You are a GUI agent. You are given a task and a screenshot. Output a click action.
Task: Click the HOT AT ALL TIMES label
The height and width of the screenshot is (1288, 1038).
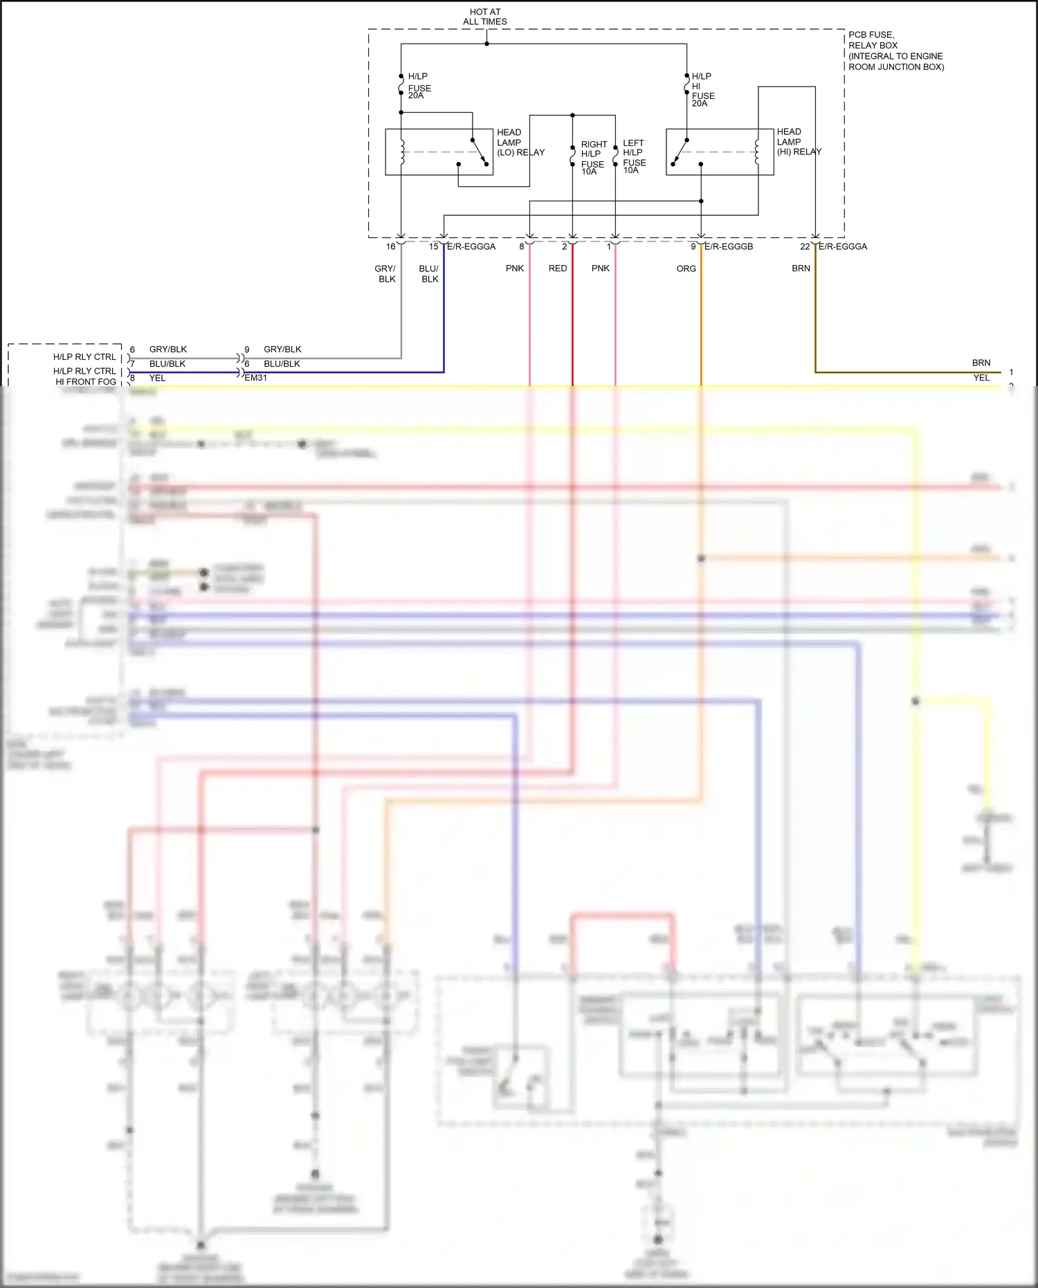484,17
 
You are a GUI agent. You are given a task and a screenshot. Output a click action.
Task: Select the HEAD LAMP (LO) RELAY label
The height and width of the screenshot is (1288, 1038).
520,143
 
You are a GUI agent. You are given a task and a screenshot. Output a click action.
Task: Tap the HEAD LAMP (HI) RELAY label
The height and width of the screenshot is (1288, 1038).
798,142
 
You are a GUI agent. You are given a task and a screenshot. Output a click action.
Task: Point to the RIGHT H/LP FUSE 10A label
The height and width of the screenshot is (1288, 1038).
594,158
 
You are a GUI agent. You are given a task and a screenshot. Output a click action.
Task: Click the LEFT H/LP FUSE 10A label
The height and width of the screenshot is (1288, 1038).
634,156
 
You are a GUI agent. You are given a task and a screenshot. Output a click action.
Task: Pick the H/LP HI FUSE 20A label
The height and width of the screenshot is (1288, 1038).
702,90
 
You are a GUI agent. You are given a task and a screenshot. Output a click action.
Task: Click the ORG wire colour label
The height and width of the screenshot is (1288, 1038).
686,269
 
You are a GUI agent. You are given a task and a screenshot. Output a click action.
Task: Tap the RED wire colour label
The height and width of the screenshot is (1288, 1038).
558,269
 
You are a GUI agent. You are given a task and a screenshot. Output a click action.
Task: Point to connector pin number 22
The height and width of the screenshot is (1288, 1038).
805,246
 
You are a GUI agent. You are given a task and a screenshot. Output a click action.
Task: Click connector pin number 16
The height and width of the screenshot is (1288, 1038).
391,246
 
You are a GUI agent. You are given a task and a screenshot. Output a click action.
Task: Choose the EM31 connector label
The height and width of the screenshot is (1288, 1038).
255,378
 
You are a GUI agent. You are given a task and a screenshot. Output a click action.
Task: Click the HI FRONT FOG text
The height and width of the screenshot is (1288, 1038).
86,382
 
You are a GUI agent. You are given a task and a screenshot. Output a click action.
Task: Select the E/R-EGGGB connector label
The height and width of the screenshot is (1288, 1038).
728,246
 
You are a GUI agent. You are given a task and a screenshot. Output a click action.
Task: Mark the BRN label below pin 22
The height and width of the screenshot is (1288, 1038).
801,269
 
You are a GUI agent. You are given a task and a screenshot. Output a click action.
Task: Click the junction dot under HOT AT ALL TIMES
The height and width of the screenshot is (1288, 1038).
486,44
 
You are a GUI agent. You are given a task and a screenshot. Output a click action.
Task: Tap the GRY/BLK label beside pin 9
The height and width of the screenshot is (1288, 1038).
282,350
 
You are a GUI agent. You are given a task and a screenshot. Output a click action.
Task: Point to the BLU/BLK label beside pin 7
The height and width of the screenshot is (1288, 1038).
167,364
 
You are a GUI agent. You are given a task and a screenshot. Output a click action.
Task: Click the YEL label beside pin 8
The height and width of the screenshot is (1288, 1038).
157,378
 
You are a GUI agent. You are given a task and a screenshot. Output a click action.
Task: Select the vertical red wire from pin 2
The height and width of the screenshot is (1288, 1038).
572,318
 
